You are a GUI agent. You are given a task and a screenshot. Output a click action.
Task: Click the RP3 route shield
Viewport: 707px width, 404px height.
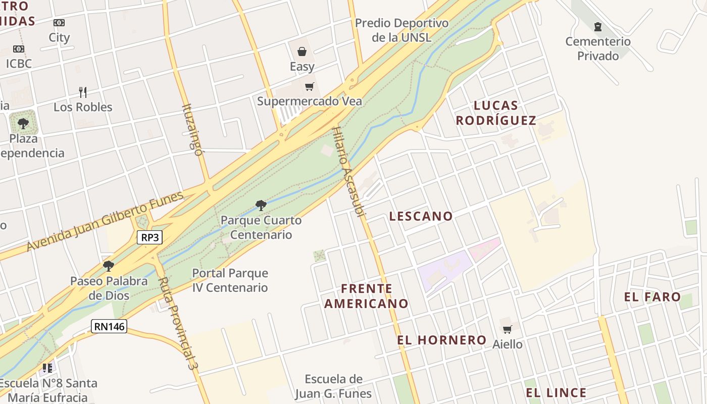150,237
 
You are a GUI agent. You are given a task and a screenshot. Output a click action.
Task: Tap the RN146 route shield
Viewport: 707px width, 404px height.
109,326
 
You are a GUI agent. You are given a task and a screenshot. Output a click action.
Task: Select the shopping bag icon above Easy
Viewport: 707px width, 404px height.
302,52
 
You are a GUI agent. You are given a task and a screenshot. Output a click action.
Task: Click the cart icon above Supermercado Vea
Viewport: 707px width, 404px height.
310,87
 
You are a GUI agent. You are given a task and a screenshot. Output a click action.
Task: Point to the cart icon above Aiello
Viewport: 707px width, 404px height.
508,330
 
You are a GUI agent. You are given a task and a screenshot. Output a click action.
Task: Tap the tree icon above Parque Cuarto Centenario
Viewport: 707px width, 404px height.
261,205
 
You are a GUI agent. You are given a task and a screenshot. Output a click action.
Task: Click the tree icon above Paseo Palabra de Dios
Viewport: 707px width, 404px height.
109,266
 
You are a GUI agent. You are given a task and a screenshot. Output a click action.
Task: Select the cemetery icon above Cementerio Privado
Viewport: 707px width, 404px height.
598,26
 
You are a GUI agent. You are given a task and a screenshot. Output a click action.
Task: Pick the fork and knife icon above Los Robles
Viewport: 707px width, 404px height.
83,92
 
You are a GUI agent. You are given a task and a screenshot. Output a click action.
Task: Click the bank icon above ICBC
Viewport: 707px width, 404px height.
19,49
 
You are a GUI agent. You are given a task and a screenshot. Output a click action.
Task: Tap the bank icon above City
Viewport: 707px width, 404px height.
59,23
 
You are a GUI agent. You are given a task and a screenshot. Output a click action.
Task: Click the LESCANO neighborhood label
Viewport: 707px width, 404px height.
421,216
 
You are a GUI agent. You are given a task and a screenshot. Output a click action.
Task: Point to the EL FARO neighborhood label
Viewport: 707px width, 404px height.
652,297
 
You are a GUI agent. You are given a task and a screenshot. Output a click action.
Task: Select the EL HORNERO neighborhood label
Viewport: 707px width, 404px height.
441,340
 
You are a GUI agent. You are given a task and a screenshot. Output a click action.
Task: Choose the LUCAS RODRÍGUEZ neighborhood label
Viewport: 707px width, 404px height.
496,113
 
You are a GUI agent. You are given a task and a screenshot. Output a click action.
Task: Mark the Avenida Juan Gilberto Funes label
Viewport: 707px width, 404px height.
105,221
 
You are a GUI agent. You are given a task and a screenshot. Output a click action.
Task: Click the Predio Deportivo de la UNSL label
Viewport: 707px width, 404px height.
401,30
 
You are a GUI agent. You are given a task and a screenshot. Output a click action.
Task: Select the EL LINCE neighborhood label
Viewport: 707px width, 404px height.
556,393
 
